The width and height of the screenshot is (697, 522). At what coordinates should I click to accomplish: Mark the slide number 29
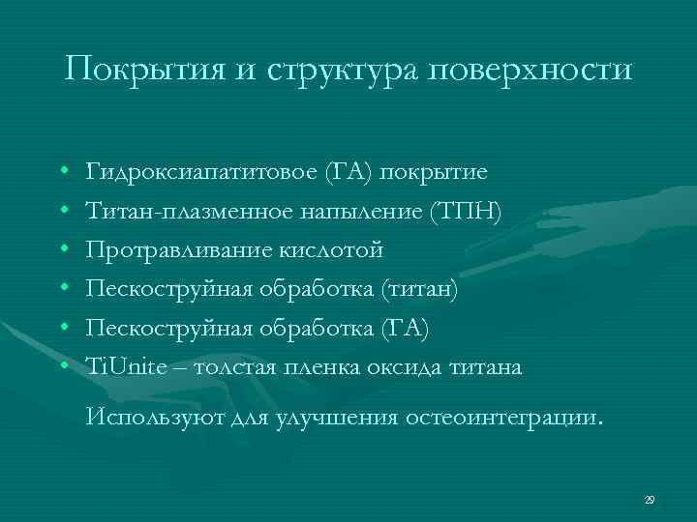coord(650,499)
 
